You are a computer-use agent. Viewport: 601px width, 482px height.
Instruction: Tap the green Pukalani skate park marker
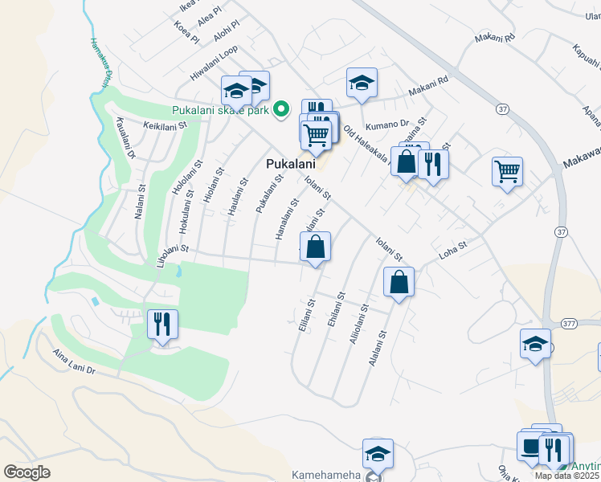[x=281, y=110]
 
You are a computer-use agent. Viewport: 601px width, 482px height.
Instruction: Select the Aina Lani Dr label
[x=74, y=362]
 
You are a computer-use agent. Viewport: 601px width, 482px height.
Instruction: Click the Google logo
[x=27, y=472]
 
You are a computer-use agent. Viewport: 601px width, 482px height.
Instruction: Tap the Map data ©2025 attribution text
[x=566, y=476]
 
